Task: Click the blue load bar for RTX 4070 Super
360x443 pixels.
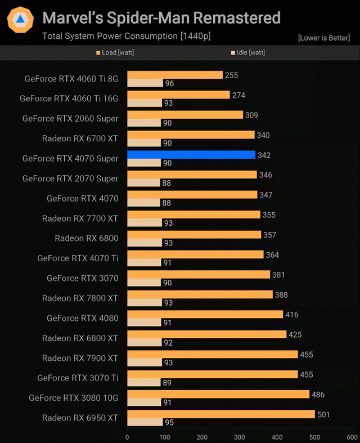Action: (191, 155)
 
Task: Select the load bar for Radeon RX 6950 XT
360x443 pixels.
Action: (221, 414)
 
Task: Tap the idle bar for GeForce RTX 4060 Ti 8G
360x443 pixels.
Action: (145, 83)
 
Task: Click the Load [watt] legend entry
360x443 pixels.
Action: (115, 53)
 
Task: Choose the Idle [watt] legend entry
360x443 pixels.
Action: (248, 53)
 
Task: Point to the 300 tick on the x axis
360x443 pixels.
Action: (240, 437)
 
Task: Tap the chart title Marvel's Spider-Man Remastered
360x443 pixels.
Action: (161, 18)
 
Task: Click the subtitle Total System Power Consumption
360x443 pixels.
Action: (126, 37)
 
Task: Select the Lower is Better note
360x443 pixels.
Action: (324, 38)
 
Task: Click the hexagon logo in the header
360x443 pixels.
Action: (20, 20)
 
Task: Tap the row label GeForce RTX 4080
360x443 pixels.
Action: (83, 318)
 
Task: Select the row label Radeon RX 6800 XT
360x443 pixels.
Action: (80, 338)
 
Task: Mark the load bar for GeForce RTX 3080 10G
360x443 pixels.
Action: (218, 394)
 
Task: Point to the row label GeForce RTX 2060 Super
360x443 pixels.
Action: (70, 118)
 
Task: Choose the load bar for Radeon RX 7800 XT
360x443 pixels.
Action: (200, 294)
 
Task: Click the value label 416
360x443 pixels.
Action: (292, 315)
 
